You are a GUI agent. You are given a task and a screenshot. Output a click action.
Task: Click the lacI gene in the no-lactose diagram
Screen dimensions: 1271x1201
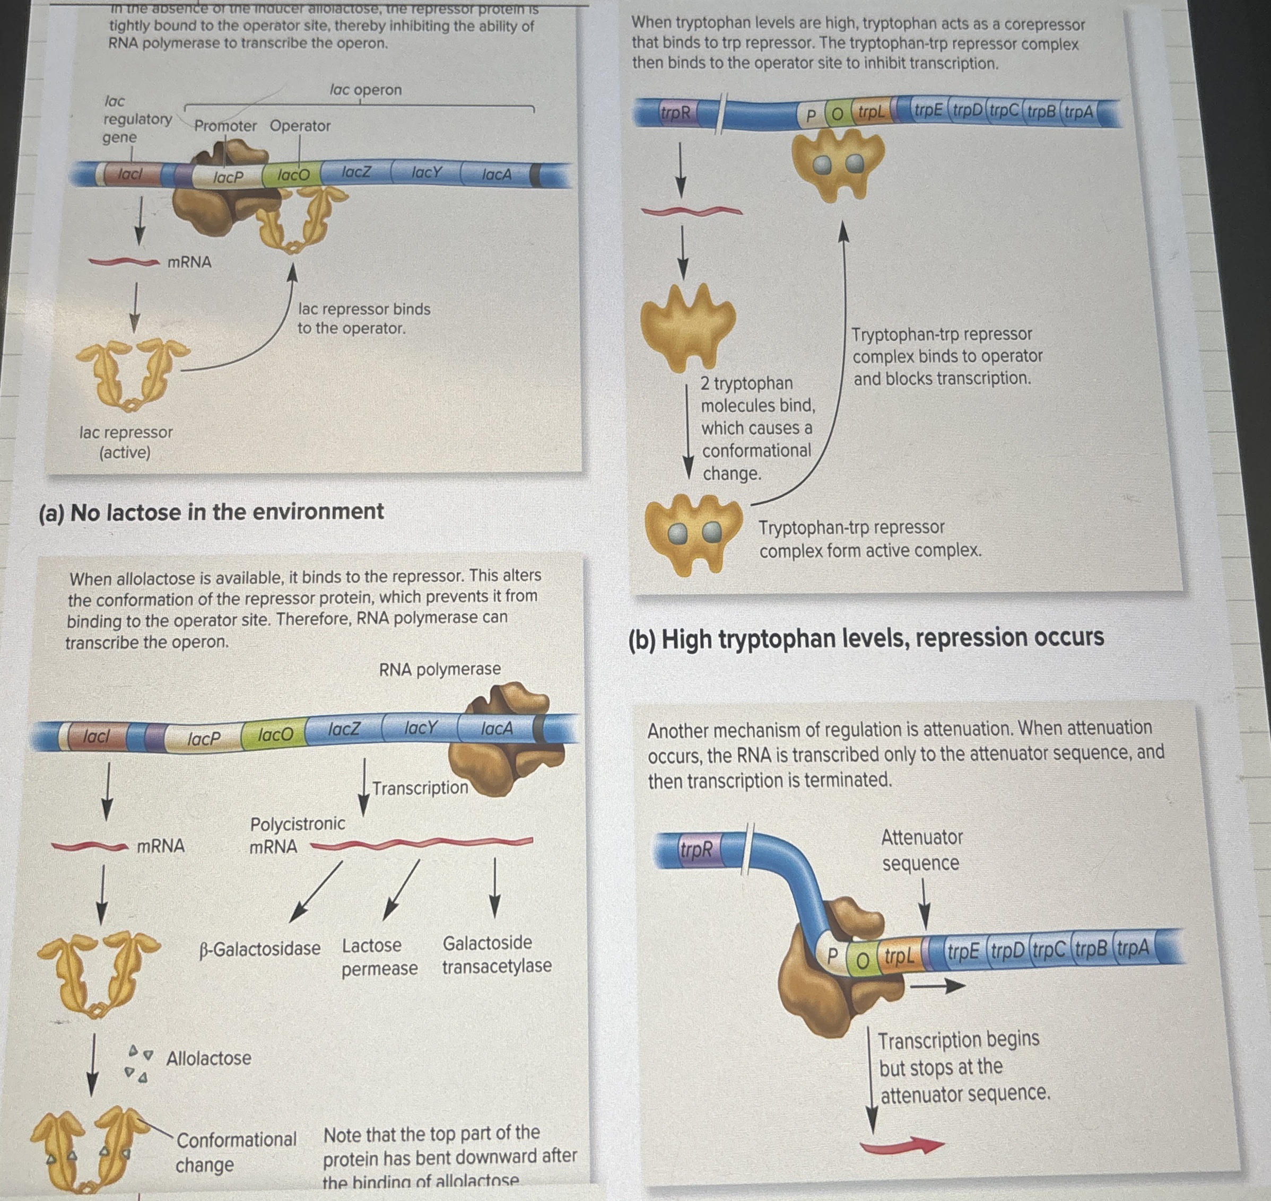coord(129,173)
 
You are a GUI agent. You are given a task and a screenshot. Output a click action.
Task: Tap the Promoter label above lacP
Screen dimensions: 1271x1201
coord(225,126)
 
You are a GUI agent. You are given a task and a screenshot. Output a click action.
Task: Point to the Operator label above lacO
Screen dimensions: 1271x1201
coord(300,126)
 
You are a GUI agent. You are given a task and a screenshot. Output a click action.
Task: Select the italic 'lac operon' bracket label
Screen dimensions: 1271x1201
coord(365,90)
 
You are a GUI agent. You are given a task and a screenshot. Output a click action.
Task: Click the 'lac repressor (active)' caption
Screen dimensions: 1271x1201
coord(126,442)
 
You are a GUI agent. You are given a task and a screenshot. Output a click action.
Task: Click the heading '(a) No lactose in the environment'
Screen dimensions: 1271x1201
coord(211,512)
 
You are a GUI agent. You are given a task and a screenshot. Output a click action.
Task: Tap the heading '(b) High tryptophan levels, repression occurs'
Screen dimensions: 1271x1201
coord(866,638)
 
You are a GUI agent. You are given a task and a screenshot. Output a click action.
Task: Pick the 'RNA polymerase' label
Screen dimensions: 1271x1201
coord(440,669)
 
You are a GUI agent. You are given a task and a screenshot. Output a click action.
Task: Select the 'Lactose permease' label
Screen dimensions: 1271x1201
coord(379,957)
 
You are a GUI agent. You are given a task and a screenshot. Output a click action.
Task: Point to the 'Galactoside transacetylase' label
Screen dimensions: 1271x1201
coord(496,954)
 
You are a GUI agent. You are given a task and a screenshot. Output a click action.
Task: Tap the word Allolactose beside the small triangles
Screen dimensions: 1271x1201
coord(208,1058)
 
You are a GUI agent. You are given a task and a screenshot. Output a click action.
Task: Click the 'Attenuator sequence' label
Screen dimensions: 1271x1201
coord(921,850)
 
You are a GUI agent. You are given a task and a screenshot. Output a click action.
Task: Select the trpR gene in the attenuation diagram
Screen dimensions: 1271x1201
coord(696,849)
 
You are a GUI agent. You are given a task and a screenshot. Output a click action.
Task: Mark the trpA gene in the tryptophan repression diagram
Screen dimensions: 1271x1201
coord(1079,112)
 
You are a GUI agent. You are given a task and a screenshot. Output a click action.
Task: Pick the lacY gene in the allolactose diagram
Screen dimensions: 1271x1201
coord(420,728)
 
